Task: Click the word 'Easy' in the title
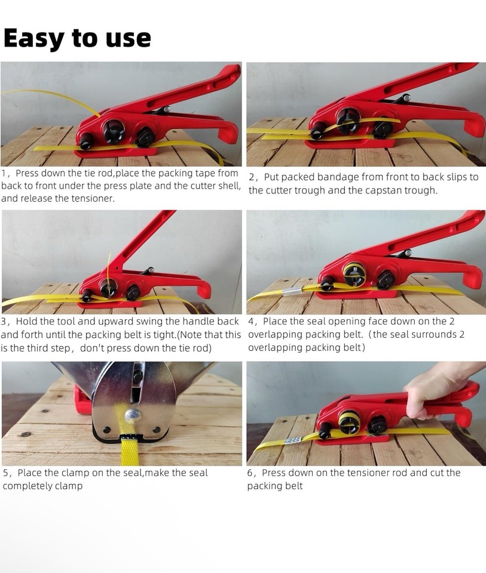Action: tap(33, 38)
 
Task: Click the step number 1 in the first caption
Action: tap(5, 174)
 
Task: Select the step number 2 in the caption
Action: tap(252, 177)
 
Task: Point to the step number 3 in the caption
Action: tap(5, 322)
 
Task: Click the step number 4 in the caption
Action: tap(252, 322)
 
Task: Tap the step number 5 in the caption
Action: tap(6, 473)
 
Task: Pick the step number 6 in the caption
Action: tap(252, 473)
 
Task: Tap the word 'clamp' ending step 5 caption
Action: tap(69, 486)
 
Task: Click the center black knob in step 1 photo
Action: tap(114, 130)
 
